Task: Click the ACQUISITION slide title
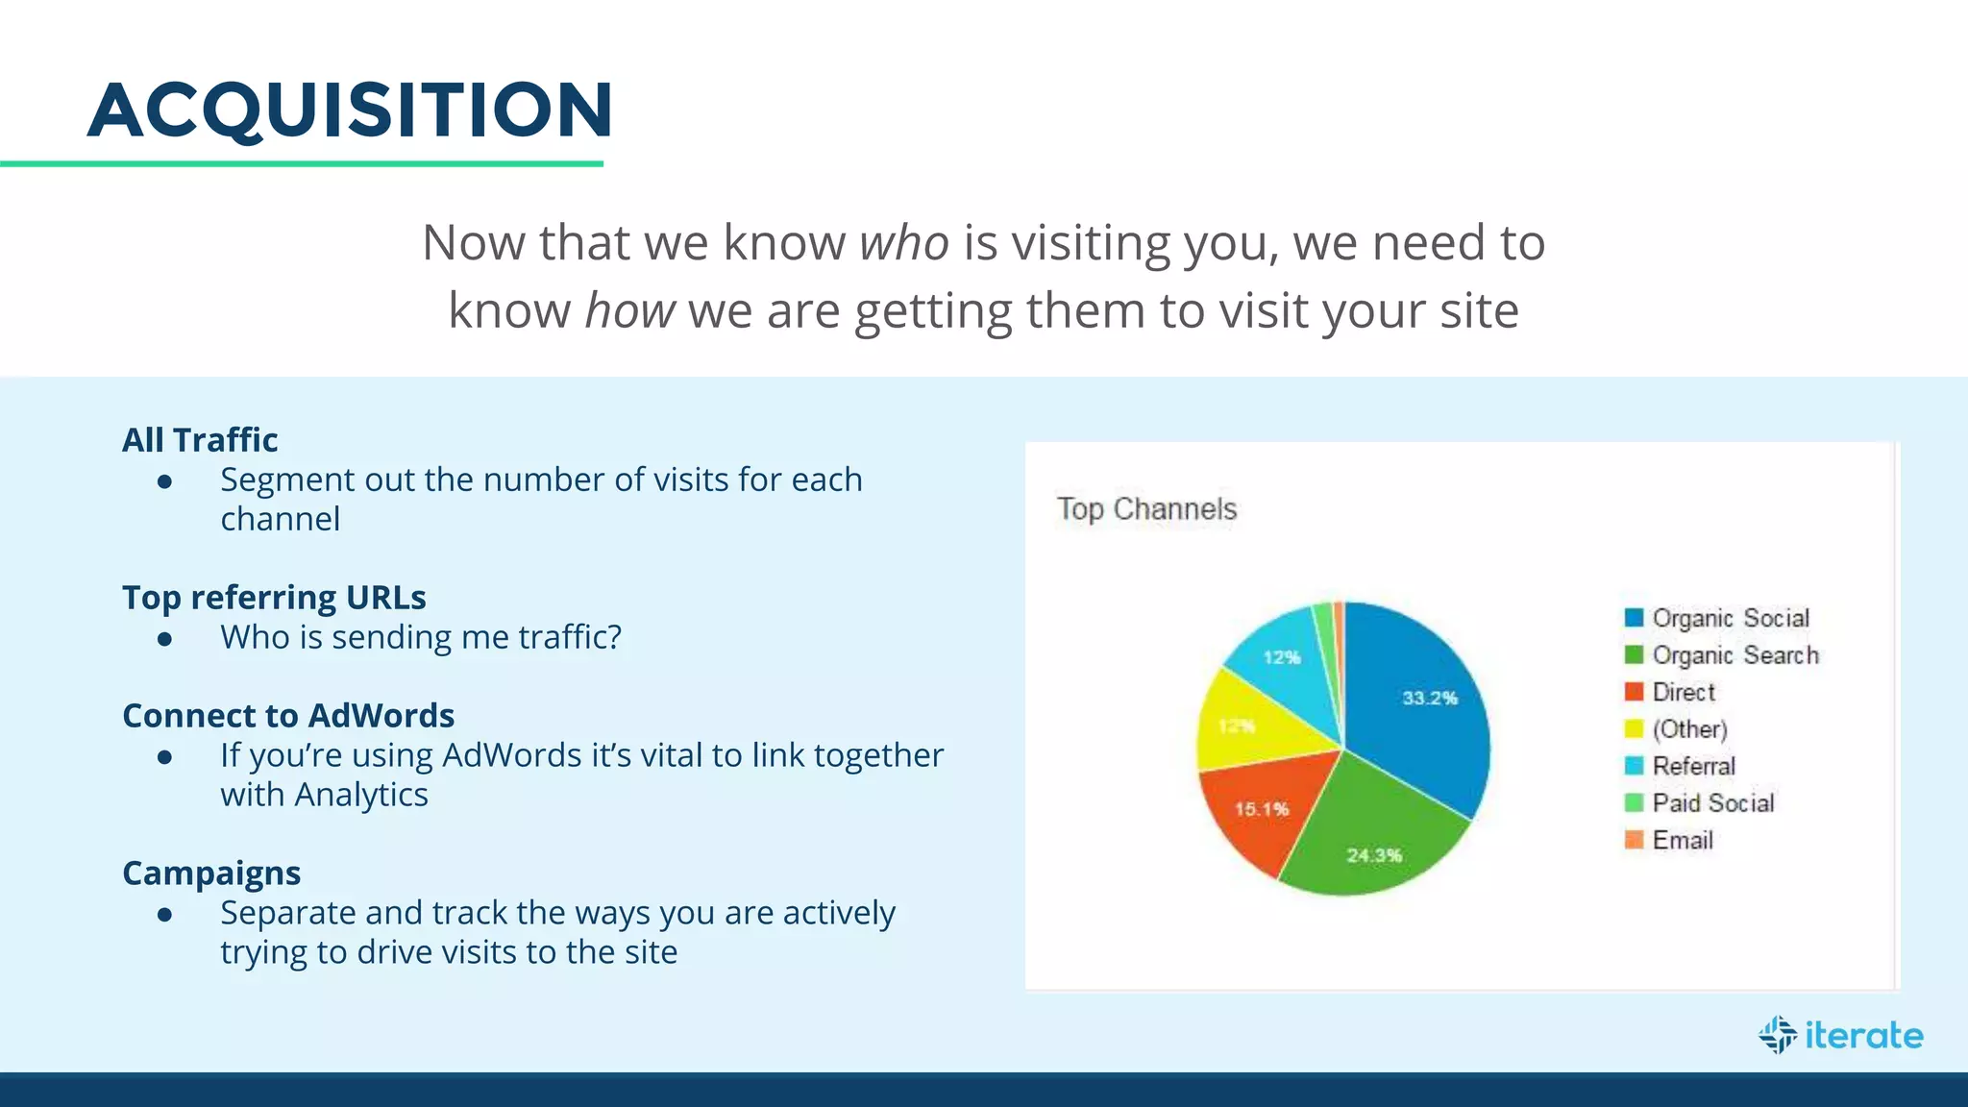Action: pyautogui.click(x=350, y=110)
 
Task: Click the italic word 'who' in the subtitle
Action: pyautogui.click(x=903, y=242)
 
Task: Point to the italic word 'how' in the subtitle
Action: pyautogui.click(x=629, y=311)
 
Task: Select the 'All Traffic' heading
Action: pyautogui.click(x=200, y=440)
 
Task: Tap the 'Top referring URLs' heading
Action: pyautogui.click(x=274, y=598)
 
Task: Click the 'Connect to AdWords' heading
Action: pyautogui.click(x=288, y=716)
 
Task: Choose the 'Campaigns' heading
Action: pyautogui.click(x=211, y=873)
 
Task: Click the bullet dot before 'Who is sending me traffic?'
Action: pyautogui.click(x=165, y=638)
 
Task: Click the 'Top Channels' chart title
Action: pyautogui.click(x=1146, y=509)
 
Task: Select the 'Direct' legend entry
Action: pyautogui.click(x=1683, y=692)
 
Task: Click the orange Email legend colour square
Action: pyautogui.click(x=1634, y=840)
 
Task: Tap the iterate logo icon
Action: pyautogui.click(x=1778, y=1035)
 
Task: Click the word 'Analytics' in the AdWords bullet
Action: pyautogui.click(x=361, y=796)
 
